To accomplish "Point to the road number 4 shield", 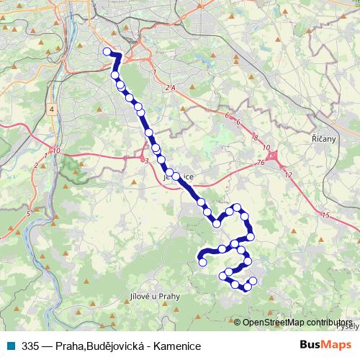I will pyautogui.click(x=52, y=108).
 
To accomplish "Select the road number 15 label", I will pyautogui.click(x=325, y=215).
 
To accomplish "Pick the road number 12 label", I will pyautogui.click(x=288, y=175).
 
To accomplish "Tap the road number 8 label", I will pyautogui.click(x=255, y=137).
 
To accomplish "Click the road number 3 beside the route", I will pyautogui.click(x=146, y=161).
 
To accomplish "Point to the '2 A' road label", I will pyautogui.click(x=170, y=87).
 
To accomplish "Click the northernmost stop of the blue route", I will pyautogui.click(x=107, y=51).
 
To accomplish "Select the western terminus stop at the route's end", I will pyautogui.click(x=202, y=262).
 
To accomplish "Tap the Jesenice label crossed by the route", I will pyautogui.click(x=179, y=175).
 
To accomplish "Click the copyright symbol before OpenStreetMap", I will pyautogui.click(x=238, y=323).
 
